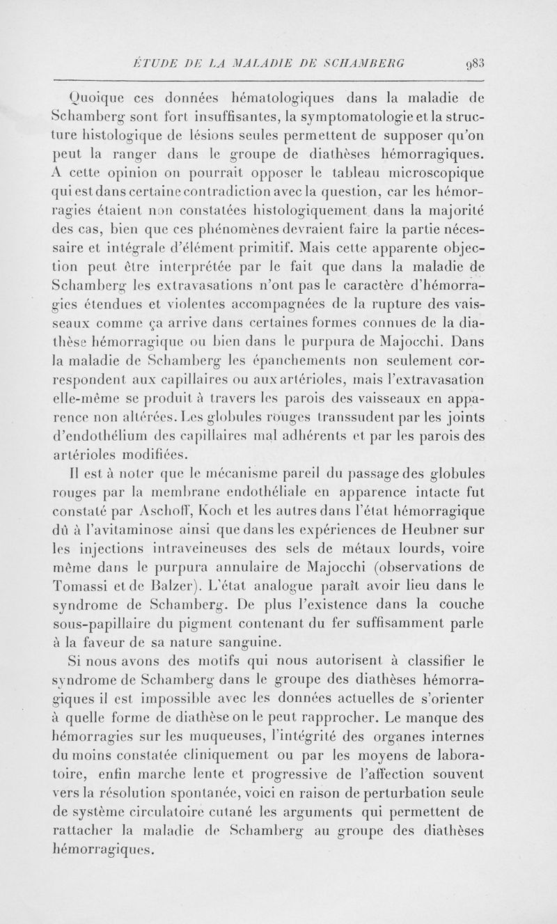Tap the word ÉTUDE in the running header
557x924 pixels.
coord(152,65)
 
